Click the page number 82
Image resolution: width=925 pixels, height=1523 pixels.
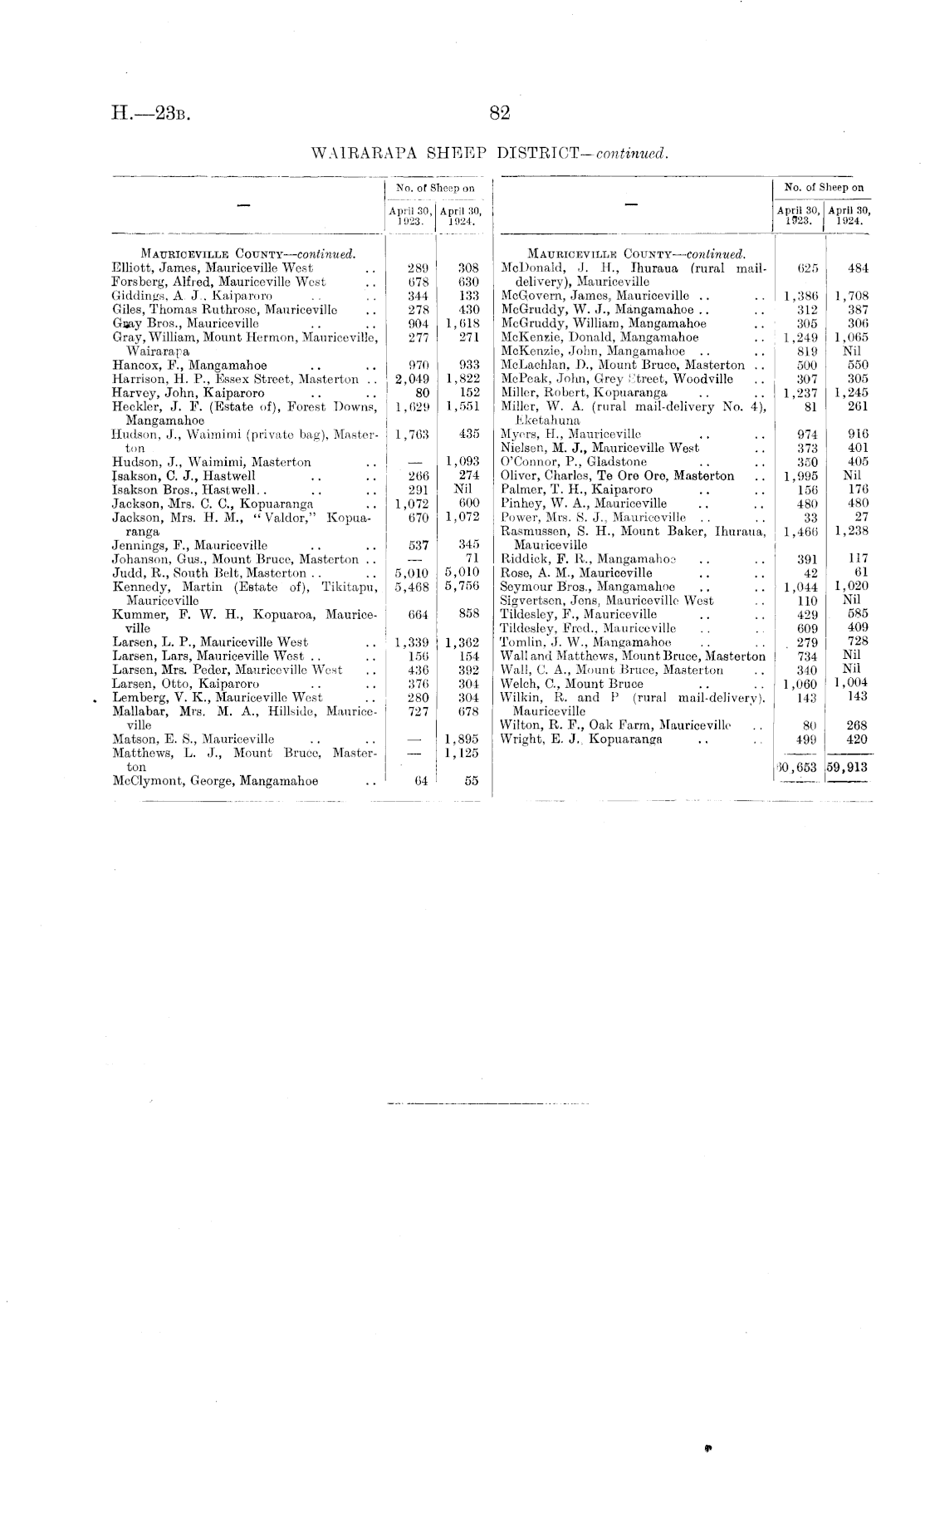point(499,114)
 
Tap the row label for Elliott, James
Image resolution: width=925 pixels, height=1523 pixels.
point(213,268)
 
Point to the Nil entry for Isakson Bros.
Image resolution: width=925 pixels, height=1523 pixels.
point(463,489)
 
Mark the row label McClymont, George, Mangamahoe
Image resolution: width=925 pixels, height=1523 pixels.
point(215,781)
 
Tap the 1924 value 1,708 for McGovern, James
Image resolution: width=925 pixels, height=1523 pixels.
point(852,296)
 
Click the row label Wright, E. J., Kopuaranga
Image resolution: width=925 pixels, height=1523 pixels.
point(581,739)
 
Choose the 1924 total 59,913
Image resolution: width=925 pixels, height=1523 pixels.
point(848,767)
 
